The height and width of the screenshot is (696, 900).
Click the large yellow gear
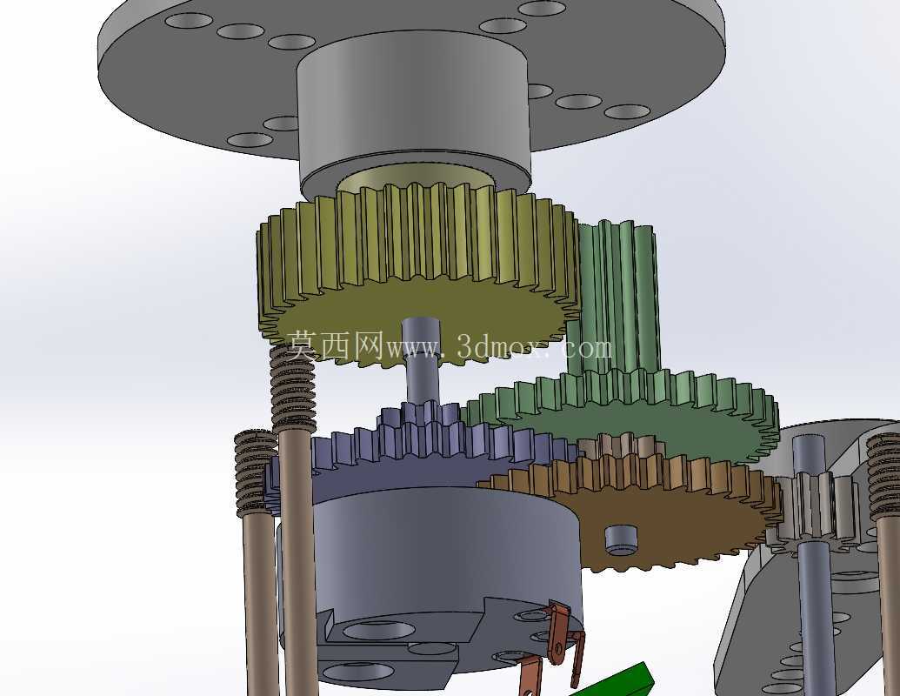[418, 275]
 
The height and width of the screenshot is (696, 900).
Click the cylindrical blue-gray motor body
[430, 586]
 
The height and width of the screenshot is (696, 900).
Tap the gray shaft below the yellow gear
[421, 362]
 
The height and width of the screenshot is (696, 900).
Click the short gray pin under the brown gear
[621, 539]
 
